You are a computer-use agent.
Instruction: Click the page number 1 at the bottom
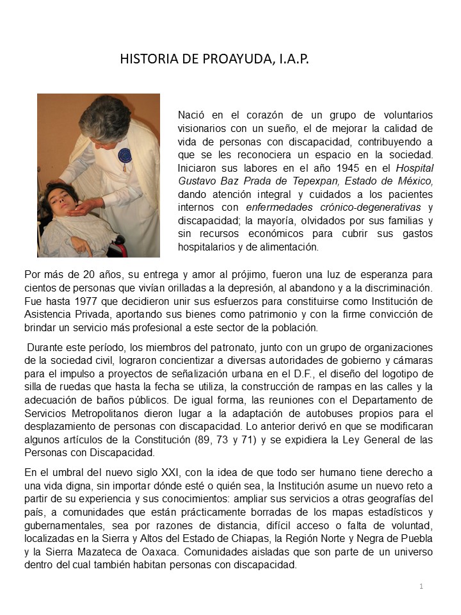coord(421,586)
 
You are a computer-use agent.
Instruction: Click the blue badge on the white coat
coord(124,156)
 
